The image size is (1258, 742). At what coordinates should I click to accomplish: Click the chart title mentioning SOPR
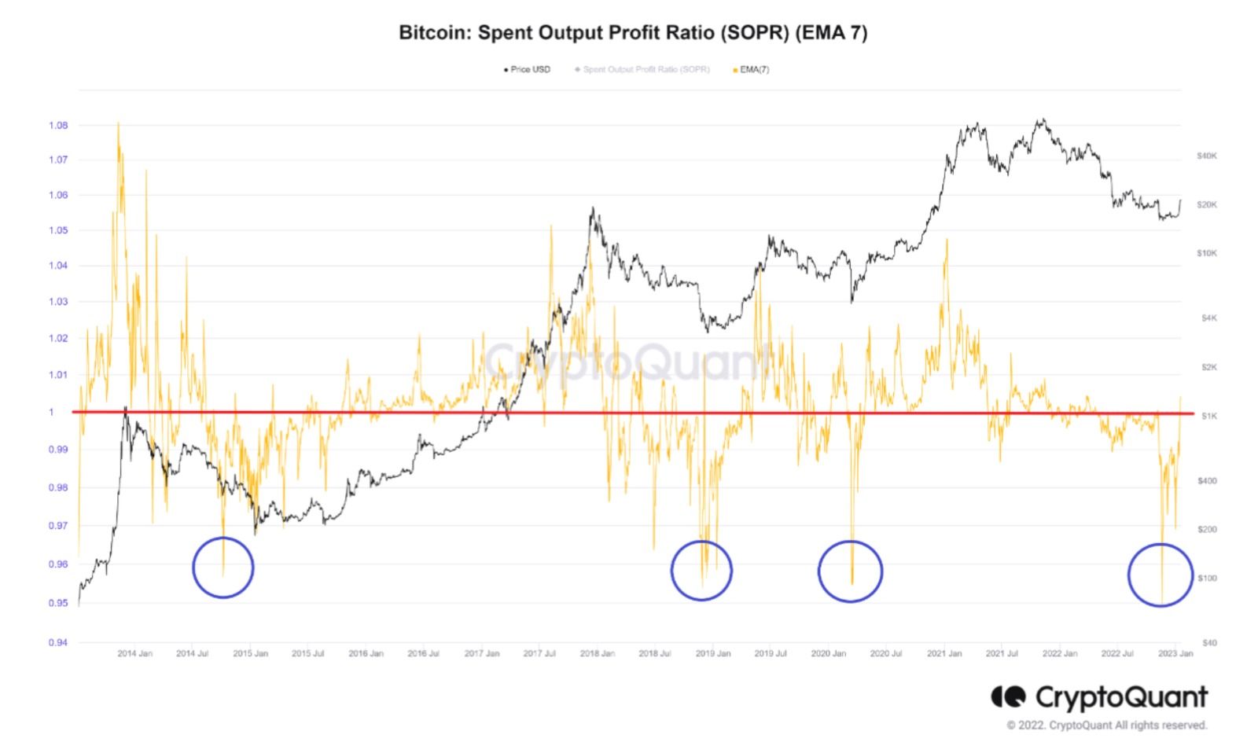(x=632, y=33)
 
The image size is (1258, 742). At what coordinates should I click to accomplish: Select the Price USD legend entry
(x=529, y=69)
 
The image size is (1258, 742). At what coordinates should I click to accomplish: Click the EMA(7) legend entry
(x=753, y=69)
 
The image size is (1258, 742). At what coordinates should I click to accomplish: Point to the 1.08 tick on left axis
(x=58, y=125)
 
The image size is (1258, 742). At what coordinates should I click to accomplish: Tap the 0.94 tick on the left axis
(x=58, y=642)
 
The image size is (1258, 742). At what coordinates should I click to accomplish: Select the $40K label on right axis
(x=1206, y=156)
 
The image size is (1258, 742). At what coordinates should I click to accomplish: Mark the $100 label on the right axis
(x=1206, y=578)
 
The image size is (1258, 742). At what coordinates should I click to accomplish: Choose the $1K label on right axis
(x=1208, y=415)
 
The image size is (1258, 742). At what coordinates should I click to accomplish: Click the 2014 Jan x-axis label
(x=135, y=653)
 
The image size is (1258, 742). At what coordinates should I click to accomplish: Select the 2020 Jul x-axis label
(x=886, y=653)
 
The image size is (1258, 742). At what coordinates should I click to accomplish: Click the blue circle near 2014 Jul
(x=223, y=568)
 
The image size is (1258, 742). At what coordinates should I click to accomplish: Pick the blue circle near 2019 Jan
(x=701, y=571)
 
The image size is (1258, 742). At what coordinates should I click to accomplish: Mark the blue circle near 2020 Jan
(x=850, y=571)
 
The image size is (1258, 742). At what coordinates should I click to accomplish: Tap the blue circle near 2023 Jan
(x=1161, y=575)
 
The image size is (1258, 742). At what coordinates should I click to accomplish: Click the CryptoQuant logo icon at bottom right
(x=1008, y=696)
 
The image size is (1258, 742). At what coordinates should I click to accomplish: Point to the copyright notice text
(x=1106, y=725)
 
